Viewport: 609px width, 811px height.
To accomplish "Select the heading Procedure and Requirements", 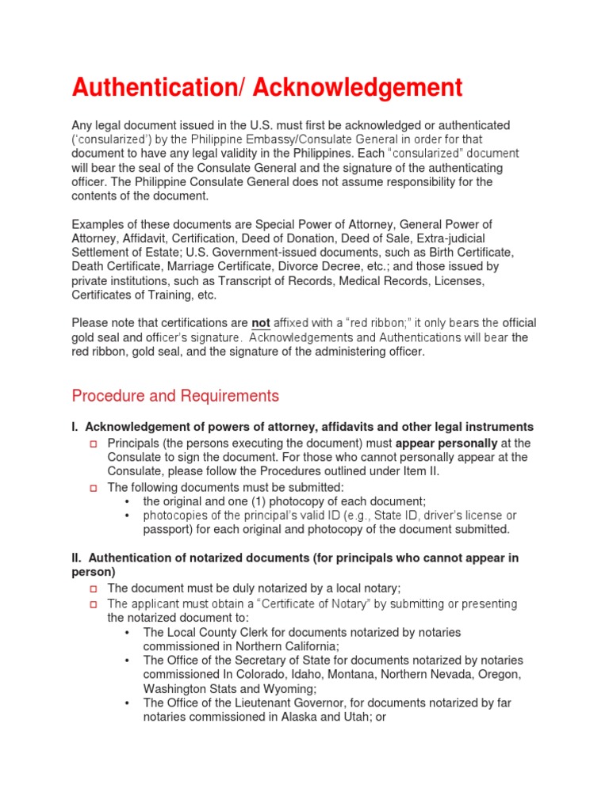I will point(175,395).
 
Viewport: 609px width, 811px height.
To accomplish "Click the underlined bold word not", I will point(261,323).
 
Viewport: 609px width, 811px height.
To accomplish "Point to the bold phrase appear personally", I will point(446,444).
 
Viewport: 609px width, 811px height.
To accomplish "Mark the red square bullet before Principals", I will point(93,444).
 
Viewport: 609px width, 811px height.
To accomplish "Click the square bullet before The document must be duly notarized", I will point(93,588).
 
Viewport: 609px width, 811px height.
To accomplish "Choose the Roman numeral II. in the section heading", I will point(78,558).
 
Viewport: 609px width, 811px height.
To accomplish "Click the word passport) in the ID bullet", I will point(169,529).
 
